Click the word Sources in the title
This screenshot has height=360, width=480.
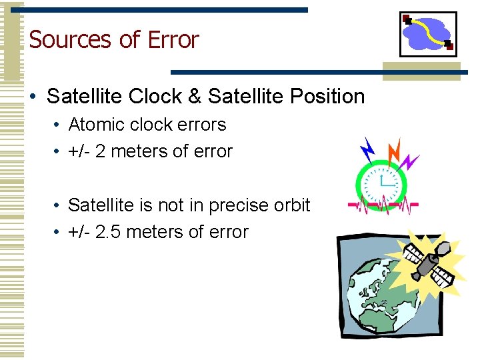71,40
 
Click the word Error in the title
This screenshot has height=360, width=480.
173,40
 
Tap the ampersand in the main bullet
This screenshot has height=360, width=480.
194,97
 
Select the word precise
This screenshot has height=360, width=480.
239,205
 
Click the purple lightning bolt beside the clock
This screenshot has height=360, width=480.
411,161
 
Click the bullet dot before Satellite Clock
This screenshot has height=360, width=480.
33,97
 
